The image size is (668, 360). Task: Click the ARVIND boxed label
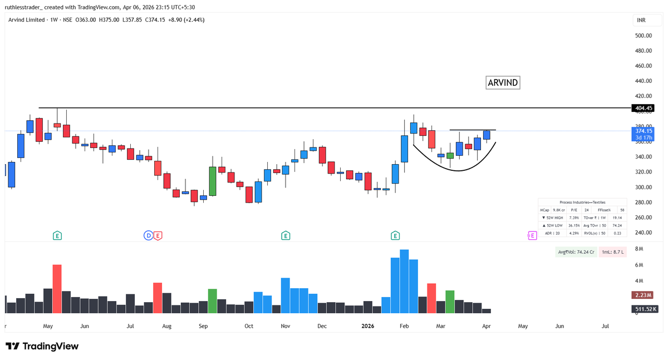(503, 83)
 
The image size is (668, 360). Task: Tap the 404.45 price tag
(642, 108)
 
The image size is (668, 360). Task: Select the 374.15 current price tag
(642, 131)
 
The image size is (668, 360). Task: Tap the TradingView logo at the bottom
(42, 346)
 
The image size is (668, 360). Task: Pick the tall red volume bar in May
(57, 289)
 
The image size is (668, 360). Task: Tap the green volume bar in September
(212, 301)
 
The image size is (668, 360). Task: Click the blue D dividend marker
(148, 236)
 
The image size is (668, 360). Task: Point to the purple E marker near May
(532, 236)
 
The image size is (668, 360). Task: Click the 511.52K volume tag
(645, 309)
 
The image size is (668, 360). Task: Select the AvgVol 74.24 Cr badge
(576, 252)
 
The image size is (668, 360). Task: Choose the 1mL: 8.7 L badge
(614, 252)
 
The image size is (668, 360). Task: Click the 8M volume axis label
(639, 249)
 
